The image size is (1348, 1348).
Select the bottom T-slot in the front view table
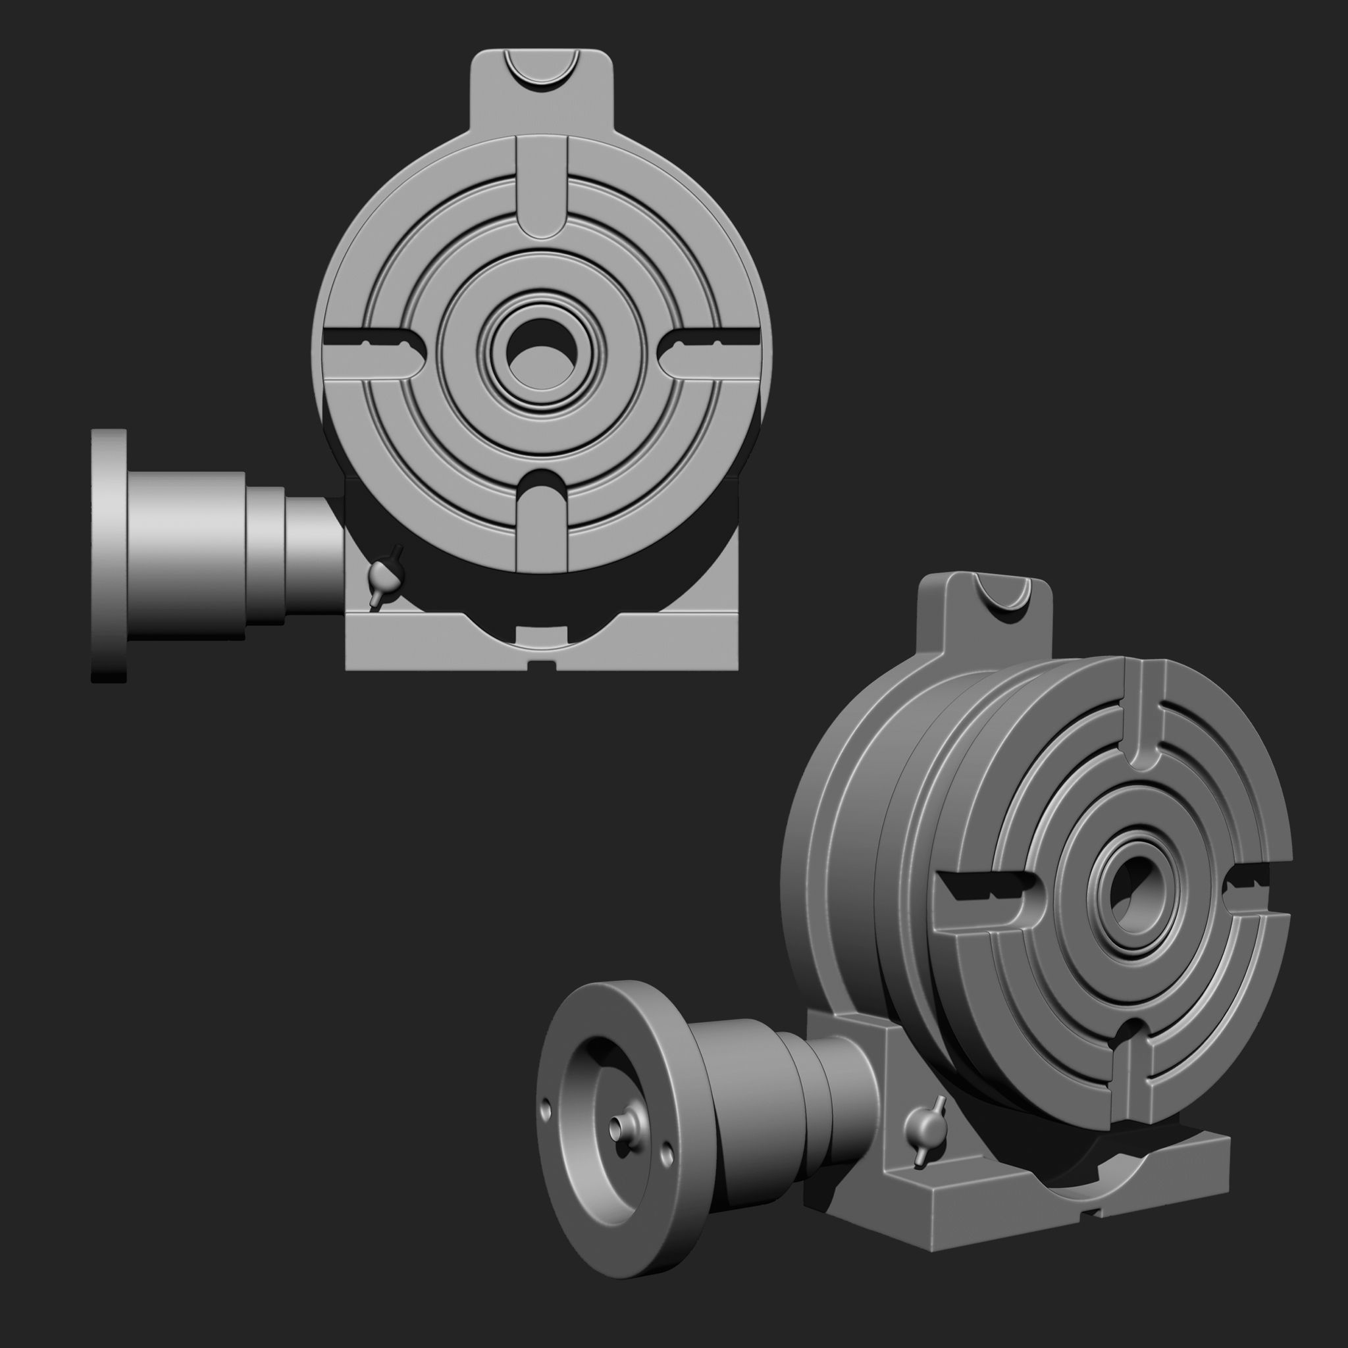click(542, 523)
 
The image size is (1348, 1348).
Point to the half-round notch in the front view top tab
click(542, 70)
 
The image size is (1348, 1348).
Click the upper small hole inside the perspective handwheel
click(546, 1107)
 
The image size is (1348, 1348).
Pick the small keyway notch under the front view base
click(542, 663)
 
